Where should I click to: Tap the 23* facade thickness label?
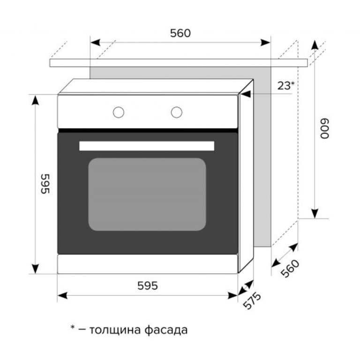tap(285, 85)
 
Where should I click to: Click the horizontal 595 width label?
tap(147, 285)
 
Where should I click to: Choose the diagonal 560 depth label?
tap(290, 269)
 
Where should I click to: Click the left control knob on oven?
tap(119, 112)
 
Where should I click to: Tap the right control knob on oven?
tap(176, 112)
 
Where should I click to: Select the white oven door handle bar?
tap(146, 146)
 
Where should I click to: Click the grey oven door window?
tap(147, 194)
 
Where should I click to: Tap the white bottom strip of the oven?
tap(147, 264)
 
